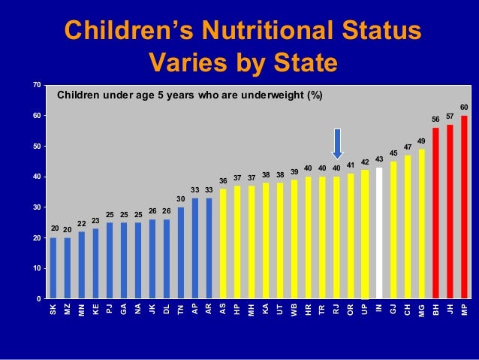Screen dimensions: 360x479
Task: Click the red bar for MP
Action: point(464,207)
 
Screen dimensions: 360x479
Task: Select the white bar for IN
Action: point(379,233)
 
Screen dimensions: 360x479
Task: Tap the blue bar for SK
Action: point(53,268)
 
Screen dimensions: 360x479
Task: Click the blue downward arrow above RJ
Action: point(337,144)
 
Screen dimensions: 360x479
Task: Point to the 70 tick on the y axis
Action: point(35,85)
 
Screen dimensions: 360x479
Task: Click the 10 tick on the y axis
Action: point(35,268)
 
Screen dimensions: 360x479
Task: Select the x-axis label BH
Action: point(435,309)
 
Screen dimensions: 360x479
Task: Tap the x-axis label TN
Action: point(181,309)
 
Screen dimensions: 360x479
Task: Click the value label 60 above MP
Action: point(464,107)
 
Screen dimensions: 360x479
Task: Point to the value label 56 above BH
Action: point(435,119)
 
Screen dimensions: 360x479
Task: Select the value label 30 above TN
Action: point(181,198)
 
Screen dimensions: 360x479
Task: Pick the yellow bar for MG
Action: point(421,224)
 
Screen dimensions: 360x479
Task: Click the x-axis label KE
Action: point(95,309)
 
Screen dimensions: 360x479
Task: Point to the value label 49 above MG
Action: point(421,141)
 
